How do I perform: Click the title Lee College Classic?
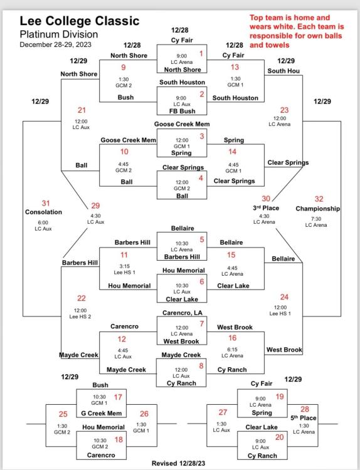point(80,21)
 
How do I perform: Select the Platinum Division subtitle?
point(59,34)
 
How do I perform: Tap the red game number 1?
point(201,54)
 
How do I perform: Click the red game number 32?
point(319,199)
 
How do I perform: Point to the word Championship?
point(318,209)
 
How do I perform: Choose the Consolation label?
point(43,212)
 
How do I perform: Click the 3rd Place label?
point(266,208)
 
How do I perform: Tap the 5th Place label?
point(304,418)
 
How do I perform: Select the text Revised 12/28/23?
point(179,463)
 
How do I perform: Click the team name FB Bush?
point(182,111)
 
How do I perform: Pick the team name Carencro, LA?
point(183,313)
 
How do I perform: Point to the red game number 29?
point(95,206)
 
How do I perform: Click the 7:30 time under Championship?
point(316,219)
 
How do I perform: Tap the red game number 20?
point(279,437)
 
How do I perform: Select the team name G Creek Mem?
point(102,414)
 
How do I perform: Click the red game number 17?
point(118,397)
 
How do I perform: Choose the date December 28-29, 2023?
point(55,44)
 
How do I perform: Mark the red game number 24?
point(284,297)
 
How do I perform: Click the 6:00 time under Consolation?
point(43,222)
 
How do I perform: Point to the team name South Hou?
point(283,71)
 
